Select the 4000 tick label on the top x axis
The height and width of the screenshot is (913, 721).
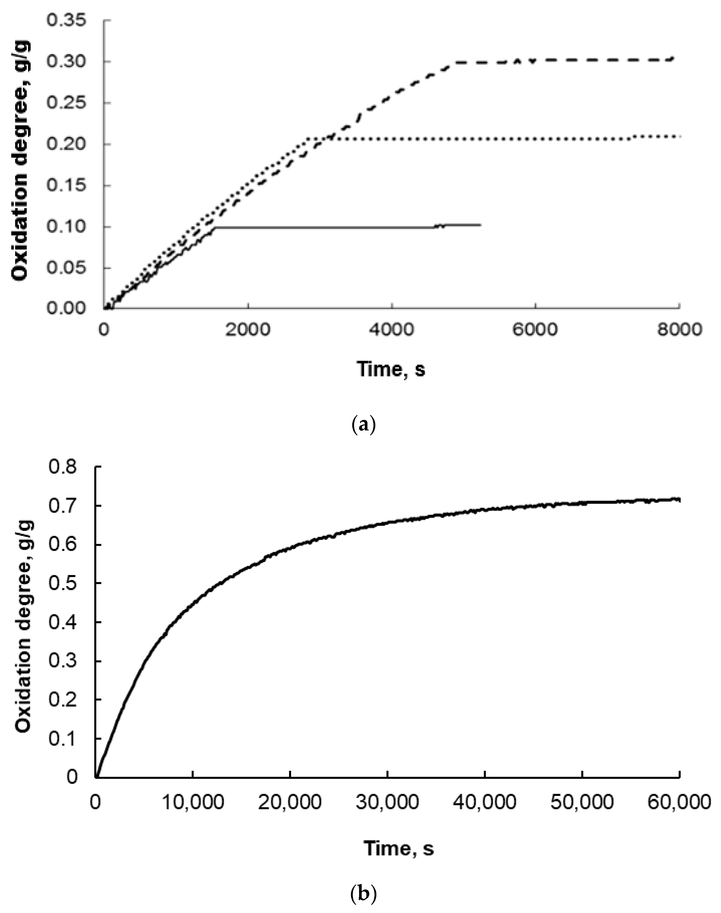pyautogui.click(x=392, y=330)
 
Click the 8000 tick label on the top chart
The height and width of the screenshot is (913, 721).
pyautogui.click(x=679, y=330)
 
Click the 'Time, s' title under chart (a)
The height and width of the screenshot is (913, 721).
pyautogui.click(x=391, y=369)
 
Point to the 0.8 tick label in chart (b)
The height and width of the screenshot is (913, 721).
pyautogui.click(x=63, y=467)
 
